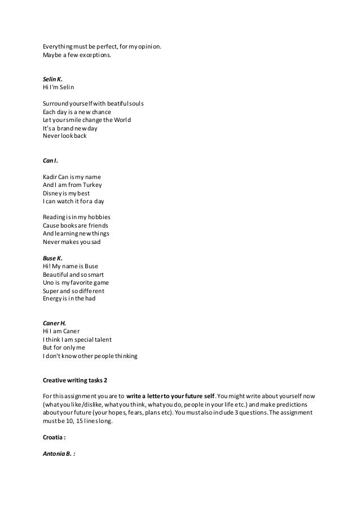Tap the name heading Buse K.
coord(52,258)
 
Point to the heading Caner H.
coord(54,323)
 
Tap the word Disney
coord(52,193)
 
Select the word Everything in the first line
coord(61,48)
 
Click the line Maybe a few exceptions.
coord(77,56)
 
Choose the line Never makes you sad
coord(71,242)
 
